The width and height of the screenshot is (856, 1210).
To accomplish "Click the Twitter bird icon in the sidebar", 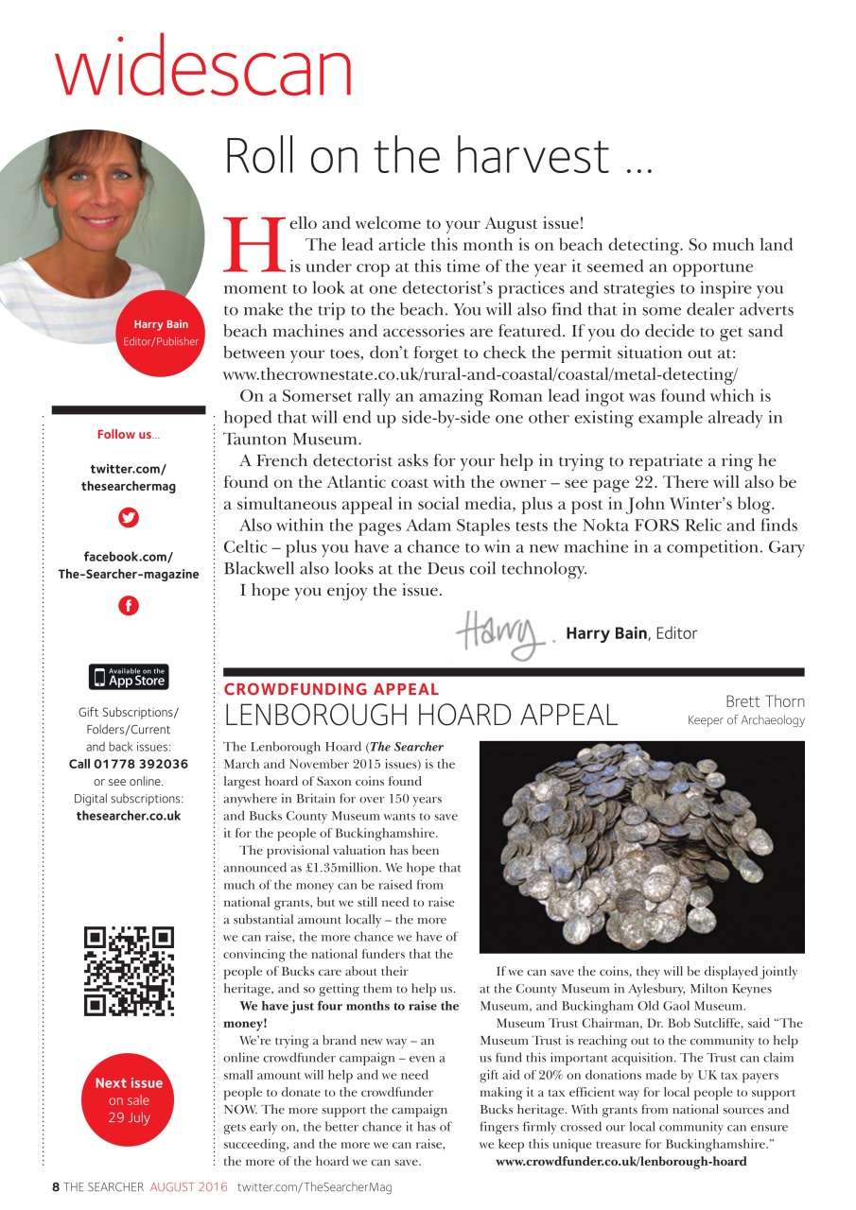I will (x=129, y=517).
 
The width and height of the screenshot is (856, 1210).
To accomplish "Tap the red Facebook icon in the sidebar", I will (x=129, y=606).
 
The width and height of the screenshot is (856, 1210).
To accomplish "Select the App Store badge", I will (x=129, y=677).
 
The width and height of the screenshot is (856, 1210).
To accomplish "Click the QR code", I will (x=129, y=971).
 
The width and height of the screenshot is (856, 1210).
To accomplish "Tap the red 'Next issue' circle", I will (x=129, y=1100).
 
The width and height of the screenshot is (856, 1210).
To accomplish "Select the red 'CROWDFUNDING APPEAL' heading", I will (x=331, y=690).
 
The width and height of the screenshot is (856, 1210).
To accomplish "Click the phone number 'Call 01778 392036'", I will (x=129, y=764).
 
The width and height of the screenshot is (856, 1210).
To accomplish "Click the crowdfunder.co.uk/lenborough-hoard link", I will (x=620, y=1161).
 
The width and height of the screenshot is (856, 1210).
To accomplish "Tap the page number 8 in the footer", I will (x=56, y=1187).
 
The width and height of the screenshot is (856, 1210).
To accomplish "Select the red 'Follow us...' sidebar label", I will (x=129, y=435).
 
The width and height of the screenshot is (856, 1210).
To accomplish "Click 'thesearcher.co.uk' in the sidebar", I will (x=129, y=815).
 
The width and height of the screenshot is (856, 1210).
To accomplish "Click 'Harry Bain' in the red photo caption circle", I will (x=161, y=324).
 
